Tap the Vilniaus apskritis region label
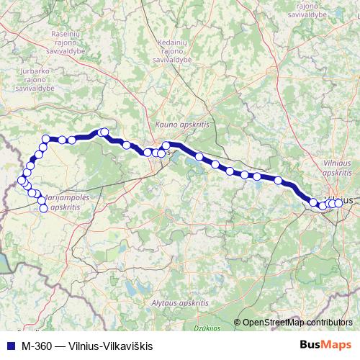337,168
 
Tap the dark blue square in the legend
9,346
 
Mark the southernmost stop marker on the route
43,209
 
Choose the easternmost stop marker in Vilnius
338,203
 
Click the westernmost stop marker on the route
21,180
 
